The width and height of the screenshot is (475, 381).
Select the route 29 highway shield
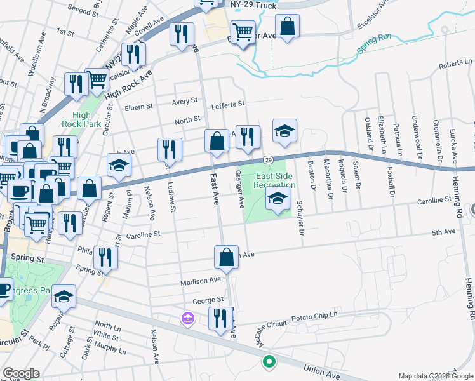click(269, 159)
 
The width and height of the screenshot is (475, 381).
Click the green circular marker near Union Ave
click(269, 362)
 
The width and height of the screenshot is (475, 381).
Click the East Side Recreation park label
click(274, 180)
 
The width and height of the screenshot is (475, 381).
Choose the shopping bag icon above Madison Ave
click(226, 257)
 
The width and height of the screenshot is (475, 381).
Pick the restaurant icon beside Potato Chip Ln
click(220, 319)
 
